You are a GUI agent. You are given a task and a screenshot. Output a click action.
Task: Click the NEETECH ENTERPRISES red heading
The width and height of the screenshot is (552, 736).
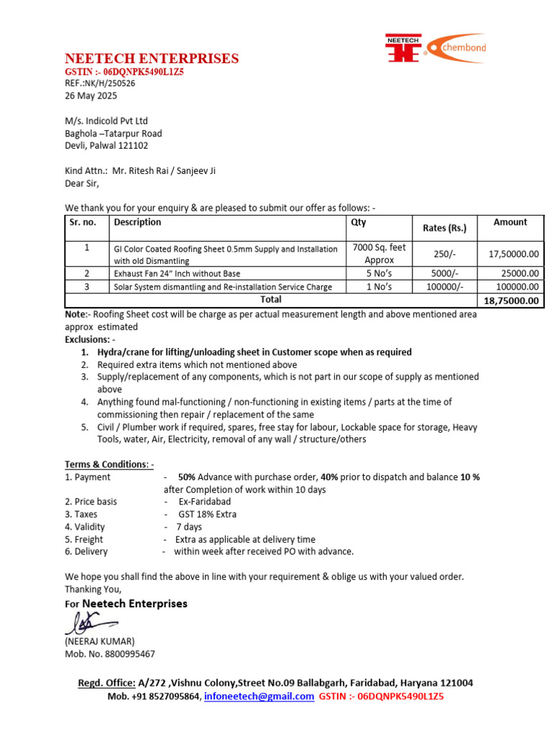tap(152, 59)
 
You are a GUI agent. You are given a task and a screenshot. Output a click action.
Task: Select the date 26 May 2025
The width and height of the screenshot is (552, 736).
tap(91, 96)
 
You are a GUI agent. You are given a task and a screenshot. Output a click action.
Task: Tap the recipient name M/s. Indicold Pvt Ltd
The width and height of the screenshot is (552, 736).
tap(106, 121)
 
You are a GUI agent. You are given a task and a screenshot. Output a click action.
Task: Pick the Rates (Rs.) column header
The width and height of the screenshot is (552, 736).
tap(444, 228)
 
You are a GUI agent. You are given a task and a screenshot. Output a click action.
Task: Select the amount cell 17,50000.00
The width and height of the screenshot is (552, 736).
tap(513, 254)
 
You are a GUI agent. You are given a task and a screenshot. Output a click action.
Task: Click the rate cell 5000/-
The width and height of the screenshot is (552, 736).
tap(444, 273)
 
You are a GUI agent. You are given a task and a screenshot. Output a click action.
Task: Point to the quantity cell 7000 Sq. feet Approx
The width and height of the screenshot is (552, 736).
tap(379, 254)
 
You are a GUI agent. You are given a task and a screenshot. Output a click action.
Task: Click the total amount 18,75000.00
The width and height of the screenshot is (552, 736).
tap(511, 300)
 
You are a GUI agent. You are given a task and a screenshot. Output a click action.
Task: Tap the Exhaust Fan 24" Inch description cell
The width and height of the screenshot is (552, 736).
tap(177, 274)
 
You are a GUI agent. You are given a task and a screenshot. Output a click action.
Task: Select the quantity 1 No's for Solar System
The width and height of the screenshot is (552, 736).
tap(379, 287)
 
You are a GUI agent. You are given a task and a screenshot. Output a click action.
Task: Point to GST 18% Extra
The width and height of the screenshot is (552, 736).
tap(208, 514)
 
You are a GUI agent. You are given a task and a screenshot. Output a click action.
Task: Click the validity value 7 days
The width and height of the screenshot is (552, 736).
tap(189, 527)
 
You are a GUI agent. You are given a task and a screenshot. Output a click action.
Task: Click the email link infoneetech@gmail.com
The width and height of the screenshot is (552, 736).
tap(259, 696)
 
